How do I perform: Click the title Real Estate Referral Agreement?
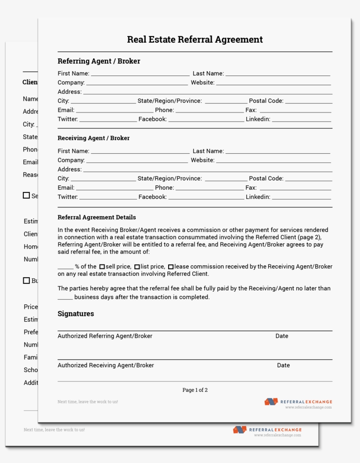[x=195, y=40]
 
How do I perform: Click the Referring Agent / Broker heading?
[x=99, y=61]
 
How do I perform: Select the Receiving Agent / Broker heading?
[x=94, y=138]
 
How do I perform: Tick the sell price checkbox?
[x=102, y=267]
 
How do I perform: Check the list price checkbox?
[x=137, y=267]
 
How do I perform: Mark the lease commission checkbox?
[x=171, y=267]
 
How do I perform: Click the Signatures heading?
[x=76, y=314]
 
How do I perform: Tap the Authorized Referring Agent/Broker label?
[x=105, y=336]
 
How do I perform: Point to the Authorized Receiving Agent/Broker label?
[x=106, y=365]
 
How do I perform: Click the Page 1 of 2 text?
[x=195, y=390]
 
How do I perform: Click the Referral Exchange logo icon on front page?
[x=271, y=402]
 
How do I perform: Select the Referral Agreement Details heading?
[x=97, y=217]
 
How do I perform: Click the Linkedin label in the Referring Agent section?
[x=258, y=119]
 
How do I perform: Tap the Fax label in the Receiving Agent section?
[x=251, y=188]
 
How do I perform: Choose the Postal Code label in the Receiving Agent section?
[x=266, y=178]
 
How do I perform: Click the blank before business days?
[x=65, y=298]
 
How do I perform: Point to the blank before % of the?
[x=65, y=267]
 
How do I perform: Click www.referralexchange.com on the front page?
[x=308, y=407]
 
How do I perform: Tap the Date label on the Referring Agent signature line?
[x=282, y=336]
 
